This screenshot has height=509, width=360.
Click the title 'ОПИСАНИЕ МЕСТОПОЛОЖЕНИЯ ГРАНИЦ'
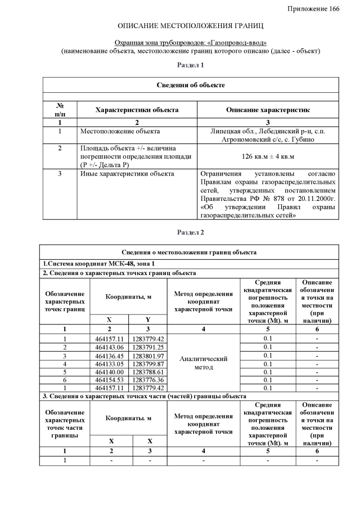click(x=190, y=26)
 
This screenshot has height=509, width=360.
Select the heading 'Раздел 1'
click(x=190, y=65)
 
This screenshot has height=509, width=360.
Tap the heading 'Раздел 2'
click(x=190, y=232)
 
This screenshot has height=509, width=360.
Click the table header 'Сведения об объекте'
click(x=190, y=85)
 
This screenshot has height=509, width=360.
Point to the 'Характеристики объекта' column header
click(x=137, y=110)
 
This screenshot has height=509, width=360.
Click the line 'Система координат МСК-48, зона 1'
click(x=99, y=263)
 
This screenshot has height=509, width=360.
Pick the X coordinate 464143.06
click(x=109, y=347)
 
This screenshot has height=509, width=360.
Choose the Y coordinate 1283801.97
click(x=148, y=355)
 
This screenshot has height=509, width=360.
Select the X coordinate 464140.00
click(x=109, y=372)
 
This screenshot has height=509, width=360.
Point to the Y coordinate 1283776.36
click(x=148, y=380)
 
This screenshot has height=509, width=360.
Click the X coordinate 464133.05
click(x=109, y=363)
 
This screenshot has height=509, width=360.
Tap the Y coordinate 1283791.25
click(x=148, y=347)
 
